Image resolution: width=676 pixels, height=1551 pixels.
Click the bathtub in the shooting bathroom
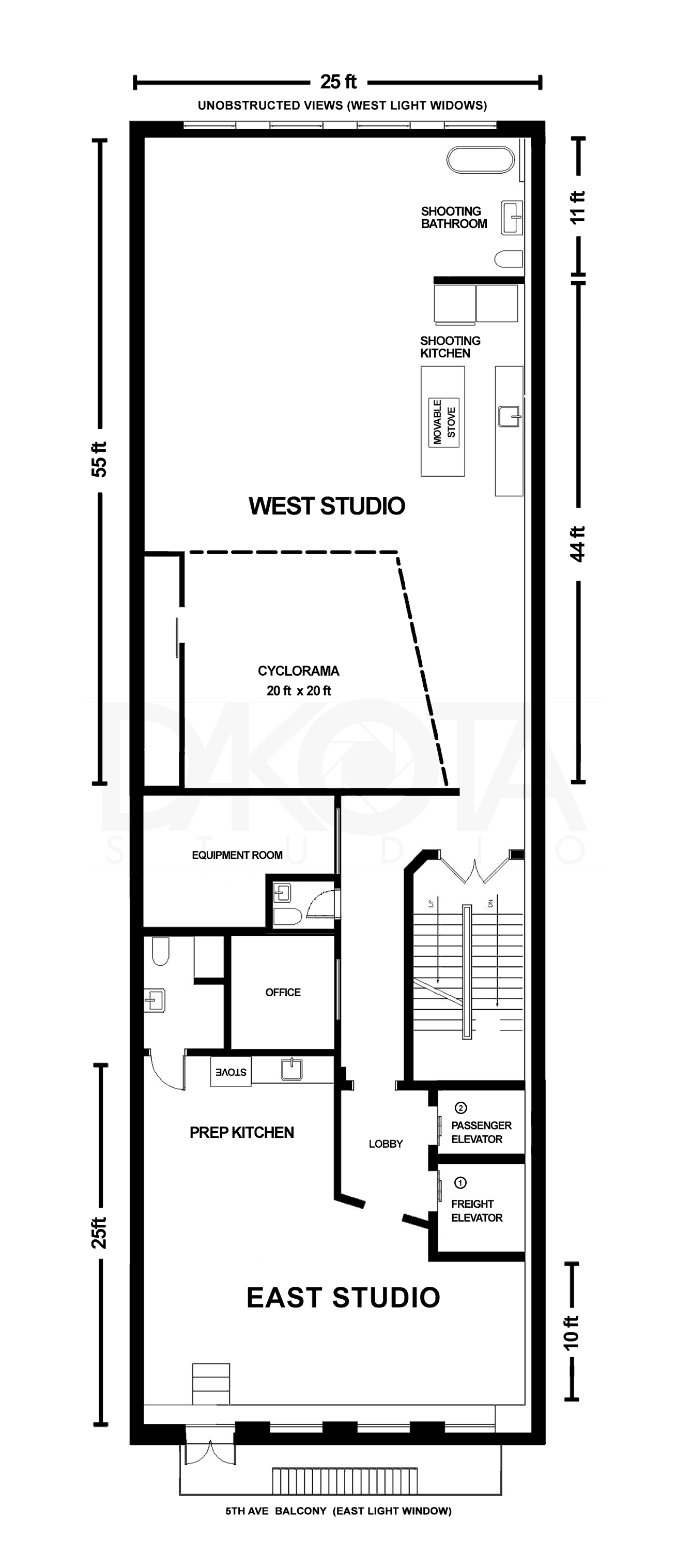point(480,160)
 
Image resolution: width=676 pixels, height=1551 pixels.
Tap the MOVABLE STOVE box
point(443,422)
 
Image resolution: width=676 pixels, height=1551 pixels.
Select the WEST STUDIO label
point(326,506)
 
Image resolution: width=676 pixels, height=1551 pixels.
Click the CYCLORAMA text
point(298,671)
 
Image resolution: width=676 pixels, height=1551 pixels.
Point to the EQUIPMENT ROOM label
point(237,855)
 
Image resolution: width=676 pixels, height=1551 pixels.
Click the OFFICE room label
point(283,992)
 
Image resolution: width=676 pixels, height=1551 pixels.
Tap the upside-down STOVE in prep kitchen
point(231,1072)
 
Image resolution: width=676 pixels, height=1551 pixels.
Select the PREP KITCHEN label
point(241,1133)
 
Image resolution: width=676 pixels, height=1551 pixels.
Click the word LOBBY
point(385,1144)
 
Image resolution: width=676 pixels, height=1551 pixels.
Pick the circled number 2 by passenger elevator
point(460,1108)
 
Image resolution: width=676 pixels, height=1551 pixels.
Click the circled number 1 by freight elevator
point(460,1183)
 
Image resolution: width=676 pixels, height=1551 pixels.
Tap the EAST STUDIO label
point(343,1298)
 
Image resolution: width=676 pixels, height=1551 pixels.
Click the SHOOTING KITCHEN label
point(450,347)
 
